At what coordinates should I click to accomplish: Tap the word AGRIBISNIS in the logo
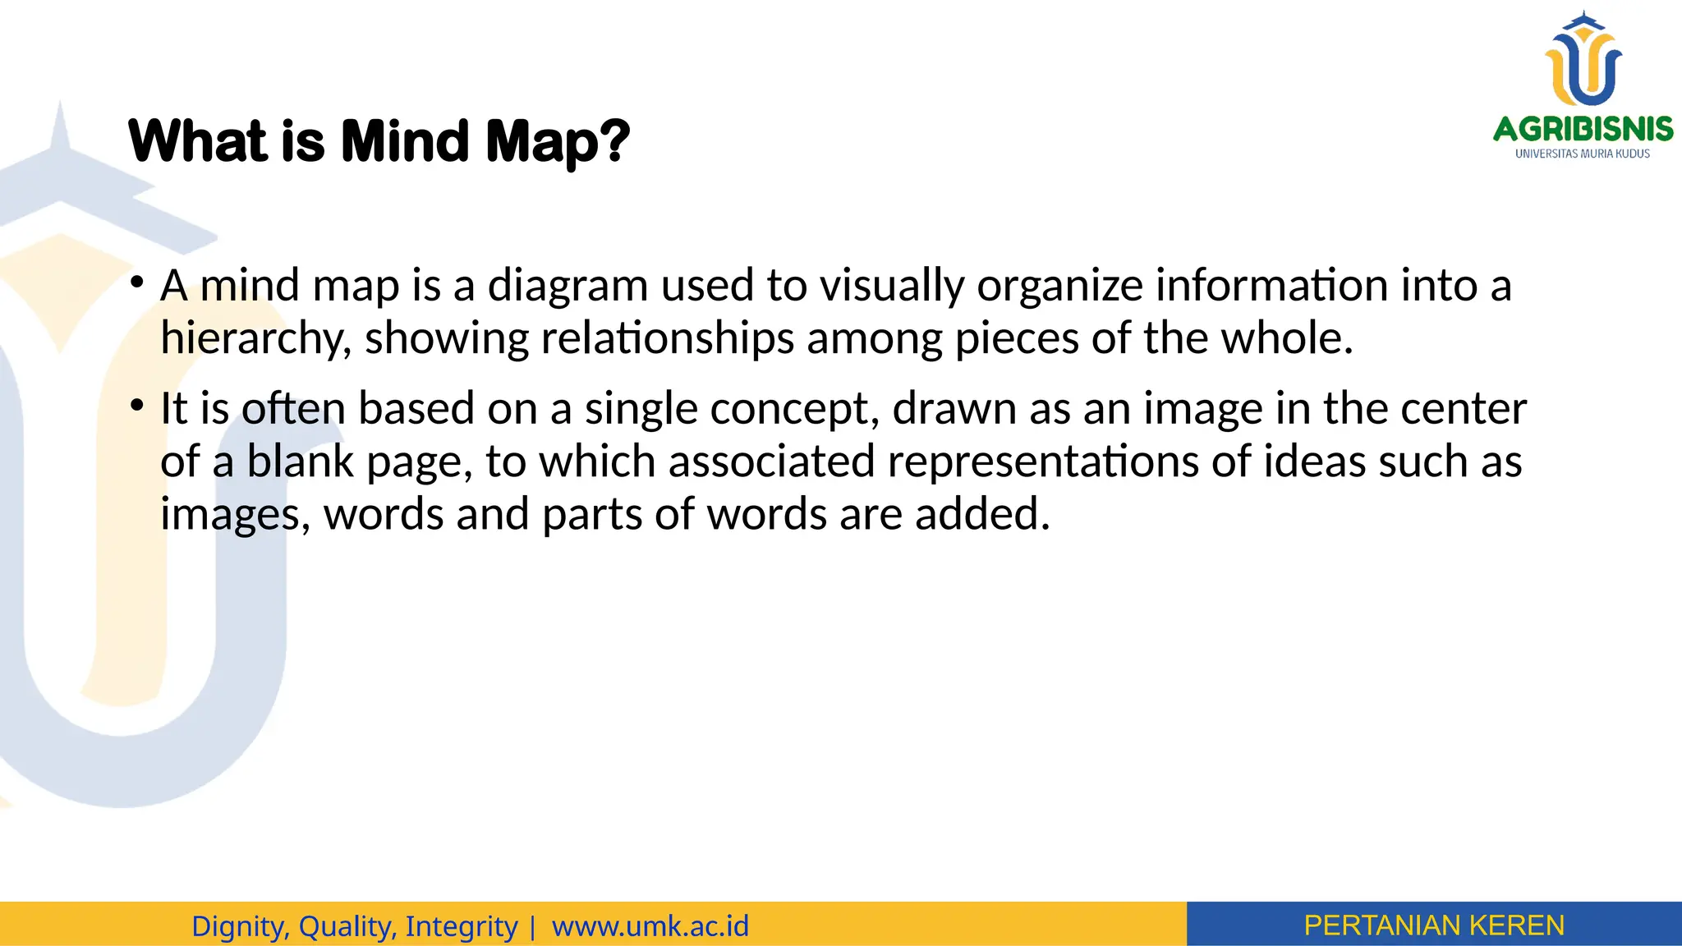pyautogui.click(x=1583, y=129)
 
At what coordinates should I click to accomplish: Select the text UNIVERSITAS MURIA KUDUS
pyautogui.click(x=1583, y=154)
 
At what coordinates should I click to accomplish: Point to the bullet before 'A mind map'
pyautogui.click(x=137, y=282)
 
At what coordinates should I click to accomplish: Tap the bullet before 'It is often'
pyautogui.click(x=137, y=406)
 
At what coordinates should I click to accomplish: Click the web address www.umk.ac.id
pyautogui.click(x=650, y=925)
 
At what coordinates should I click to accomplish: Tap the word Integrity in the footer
pyautogui.click(x=461, y=925)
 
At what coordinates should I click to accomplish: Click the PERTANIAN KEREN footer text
pyautogui.click(x=1434, y=925)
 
